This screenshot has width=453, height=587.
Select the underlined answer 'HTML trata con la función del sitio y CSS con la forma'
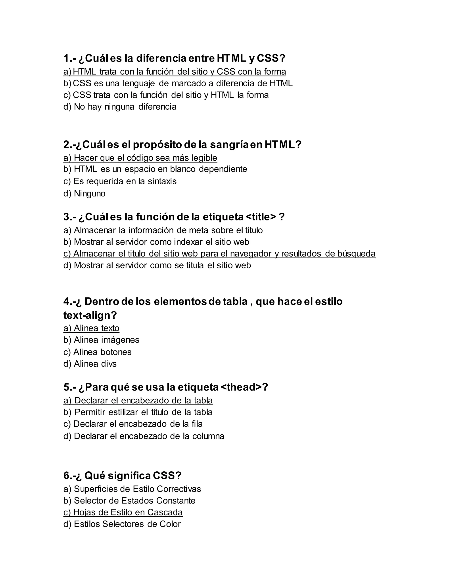point(175,72)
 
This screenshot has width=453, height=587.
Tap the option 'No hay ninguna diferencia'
point(120,107)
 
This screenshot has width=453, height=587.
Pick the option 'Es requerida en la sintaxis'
point(120,181)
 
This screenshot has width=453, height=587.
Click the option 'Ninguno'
point(84,193)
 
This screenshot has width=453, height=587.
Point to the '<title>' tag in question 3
point(261,217)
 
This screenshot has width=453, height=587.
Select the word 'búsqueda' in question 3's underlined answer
point(356,253)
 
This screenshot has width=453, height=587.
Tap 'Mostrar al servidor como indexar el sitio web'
point(156,242)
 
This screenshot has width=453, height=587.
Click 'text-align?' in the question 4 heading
point(90,315)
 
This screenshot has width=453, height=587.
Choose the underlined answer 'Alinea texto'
point(92,328)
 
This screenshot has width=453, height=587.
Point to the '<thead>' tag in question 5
point(241,387)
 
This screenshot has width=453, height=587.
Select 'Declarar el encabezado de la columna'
point(144,436)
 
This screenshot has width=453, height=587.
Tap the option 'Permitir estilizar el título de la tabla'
point(138,412)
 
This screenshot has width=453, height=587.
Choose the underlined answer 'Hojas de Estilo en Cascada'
point(123,512)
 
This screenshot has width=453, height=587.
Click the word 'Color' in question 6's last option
point(170,524)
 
